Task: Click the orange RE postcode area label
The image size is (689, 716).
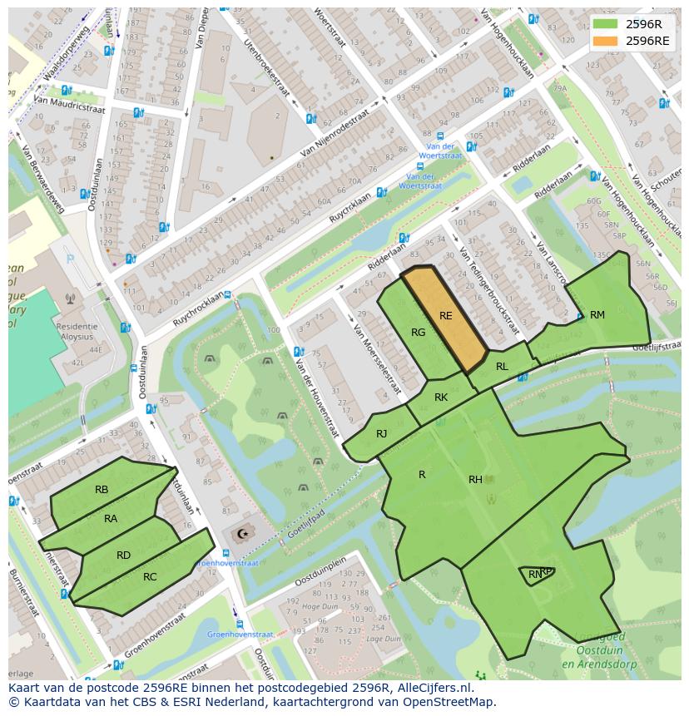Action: [446, 316]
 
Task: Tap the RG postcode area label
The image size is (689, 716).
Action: [419, 333]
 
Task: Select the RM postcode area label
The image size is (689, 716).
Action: [597, 314]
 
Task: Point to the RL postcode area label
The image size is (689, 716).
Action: [502, 367]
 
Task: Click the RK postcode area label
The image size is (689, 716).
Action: [441, 398]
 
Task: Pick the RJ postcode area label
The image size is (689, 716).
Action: [381, 433]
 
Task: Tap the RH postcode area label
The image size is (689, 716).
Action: [475, 479]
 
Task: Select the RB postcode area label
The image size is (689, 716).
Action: [102, 490]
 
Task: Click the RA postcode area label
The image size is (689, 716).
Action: [111, 519]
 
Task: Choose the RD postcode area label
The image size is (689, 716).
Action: [123, 556]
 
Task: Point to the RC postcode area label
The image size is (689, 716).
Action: [150, 577]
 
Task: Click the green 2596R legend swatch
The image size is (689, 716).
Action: [605, 24]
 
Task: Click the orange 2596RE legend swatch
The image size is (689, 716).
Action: [605, 40]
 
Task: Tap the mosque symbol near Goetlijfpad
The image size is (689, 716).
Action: [243, 534]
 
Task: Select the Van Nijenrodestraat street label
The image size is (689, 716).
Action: [334, 135]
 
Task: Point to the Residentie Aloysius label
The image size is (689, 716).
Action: [83, 333]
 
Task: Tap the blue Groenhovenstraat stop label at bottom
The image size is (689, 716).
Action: [240, 635]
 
